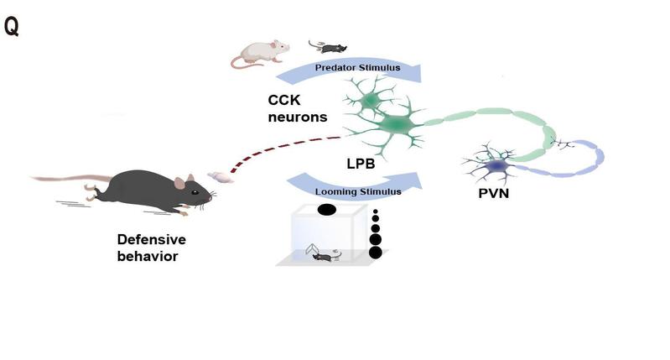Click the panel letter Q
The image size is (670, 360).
pos(12,27)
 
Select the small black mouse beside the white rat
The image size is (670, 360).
pos(328,47)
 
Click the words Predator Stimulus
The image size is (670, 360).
pos(358,68)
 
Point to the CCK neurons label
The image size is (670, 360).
pos(298,108)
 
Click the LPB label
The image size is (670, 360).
pos(361,164)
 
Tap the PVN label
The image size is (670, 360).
pos(494,193)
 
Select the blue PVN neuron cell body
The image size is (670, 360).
pos(497,165)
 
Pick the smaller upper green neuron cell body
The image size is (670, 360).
pos(370,101)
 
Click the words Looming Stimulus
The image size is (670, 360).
pos(358,191)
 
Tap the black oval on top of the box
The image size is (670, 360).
pos(327,210)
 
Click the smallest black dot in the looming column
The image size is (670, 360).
pos(375,211)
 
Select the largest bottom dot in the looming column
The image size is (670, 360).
pos(375,253)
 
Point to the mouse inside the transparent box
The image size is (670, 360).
pos(325,256)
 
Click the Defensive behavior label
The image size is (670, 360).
pos(152,248)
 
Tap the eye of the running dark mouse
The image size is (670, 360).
pos(195,192)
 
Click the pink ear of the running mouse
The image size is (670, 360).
pos(180,183)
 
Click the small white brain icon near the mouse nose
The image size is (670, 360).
pos(221,177)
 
